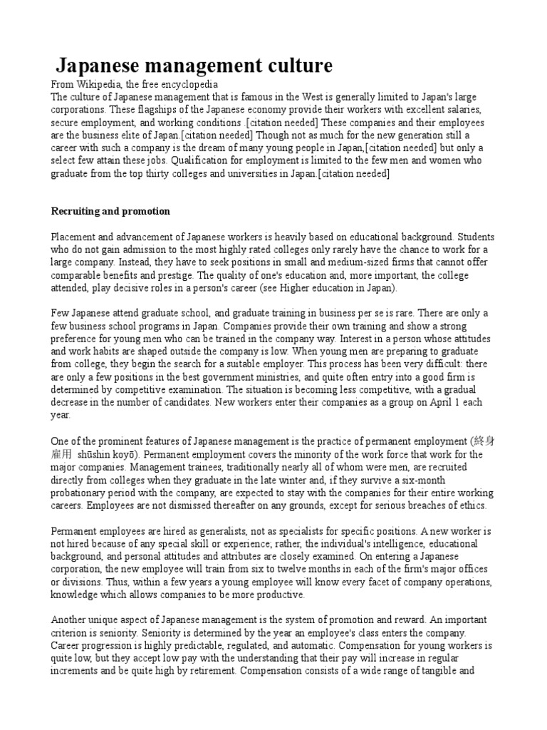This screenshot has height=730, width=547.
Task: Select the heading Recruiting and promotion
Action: pos(110,211)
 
